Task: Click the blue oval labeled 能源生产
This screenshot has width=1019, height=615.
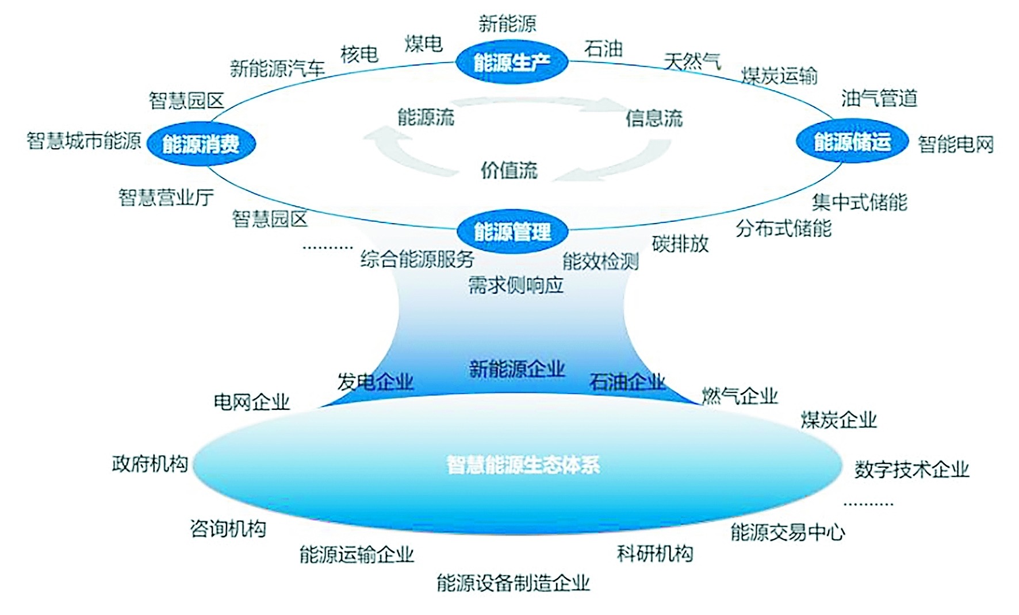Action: click(511, 62)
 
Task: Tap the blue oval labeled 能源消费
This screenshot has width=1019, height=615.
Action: click(201, 144)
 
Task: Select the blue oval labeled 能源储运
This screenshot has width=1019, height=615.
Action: click(852, 141)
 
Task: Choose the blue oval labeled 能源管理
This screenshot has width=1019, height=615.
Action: click(512, 232)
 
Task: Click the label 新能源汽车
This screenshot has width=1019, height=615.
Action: click(277, 69)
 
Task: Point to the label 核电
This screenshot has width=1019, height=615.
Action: click(359, 55)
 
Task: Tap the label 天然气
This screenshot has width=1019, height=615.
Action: click(692, 61)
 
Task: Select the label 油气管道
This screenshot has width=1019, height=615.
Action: click(879, 98)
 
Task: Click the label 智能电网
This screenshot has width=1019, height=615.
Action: click(955, 144)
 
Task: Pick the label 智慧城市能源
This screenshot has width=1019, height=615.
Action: click(84, 141)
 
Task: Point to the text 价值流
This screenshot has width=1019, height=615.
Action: click(509, 170)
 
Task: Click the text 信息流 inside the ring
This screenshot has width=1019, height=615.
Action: click(654, 118)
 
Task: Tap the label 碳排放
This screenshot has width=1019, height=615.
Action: click(680, 244)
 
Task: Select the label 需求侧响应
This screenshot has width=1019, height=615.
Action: click(516, 285)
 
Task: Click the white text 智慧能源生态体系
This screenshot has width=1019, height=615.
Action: click(523, 464)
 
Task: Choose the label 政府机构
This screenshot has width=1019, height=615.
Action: click(150, 464)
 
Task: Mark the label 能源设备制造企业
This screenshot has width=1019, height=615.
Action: click(513, 583)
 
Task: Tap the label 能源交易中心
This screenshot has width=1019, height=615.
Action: click(787, 532)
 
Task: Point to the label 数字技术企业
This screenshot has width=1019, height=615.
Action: click(911, 470)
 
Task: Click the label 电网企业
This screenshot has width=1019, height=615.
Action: click(251, 402)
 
